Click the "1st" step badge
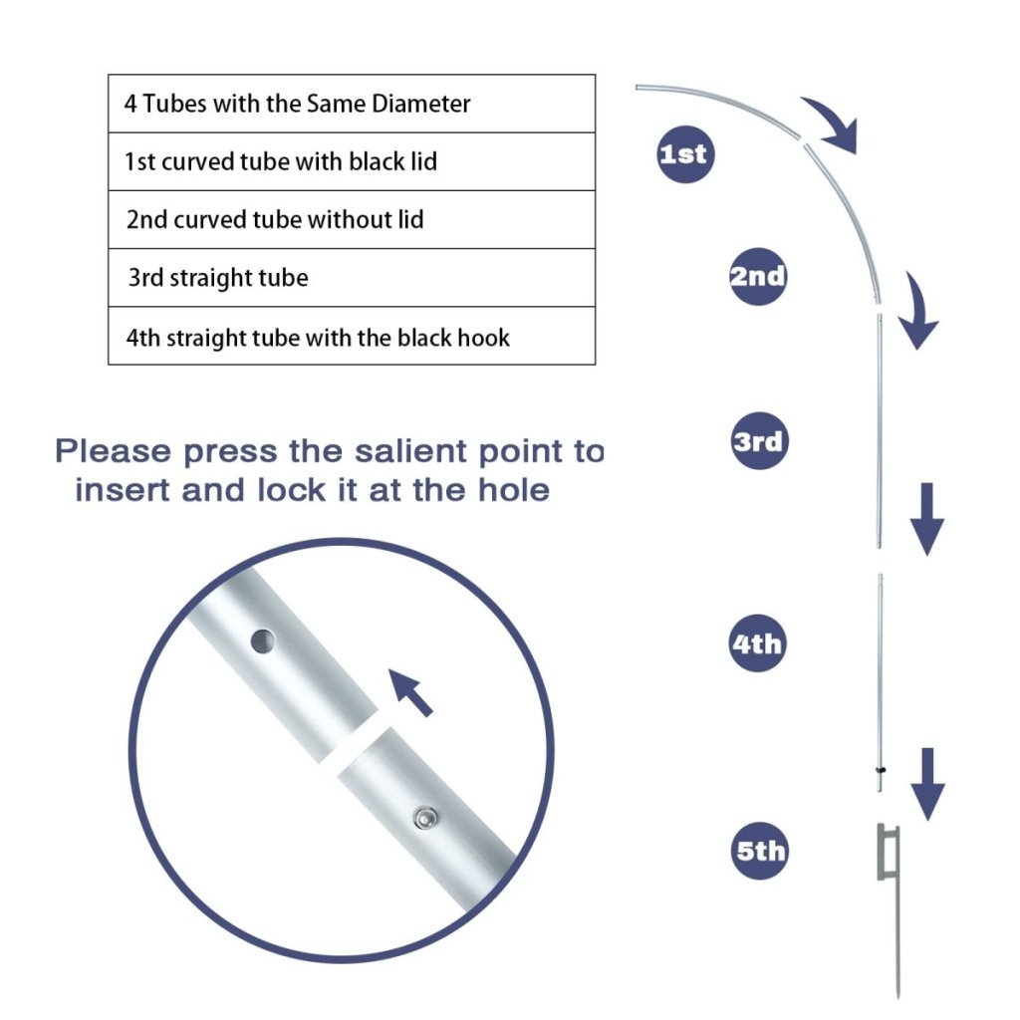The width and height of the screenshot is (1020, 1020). pos(682,154)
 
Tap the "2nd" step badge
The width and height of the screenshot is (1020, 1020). pos(757,276)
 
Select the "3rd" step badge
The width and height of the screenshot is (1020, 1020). pos(758,440)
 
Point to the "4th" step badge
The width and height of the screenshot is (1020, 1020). pos(757,643)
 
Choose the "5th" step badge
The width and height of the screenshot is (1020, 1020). pos(760,852)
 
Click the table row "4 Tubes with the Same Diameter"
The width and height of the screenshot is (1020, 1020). pos(351,104)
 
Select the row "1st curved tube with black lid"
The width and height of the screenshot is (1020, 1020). pos(351,161)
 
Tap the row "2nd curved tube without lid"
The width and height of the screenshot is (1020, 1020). pos(351,219)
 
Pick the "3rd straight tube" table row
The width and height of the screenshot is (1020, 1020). pos(351,277)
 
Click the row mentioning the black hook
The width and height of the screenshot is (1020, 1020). pos(351,337)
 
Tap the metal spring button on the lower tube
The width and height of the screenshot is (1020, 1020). pos(424,818)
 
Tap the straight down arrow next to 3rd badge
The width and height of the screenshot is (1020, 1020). pos(927,518)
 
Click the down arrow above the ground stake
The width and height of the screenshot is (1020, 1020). pos(927,783)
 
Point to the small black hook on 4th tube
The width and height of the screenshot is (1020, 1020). pos(881,770)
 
